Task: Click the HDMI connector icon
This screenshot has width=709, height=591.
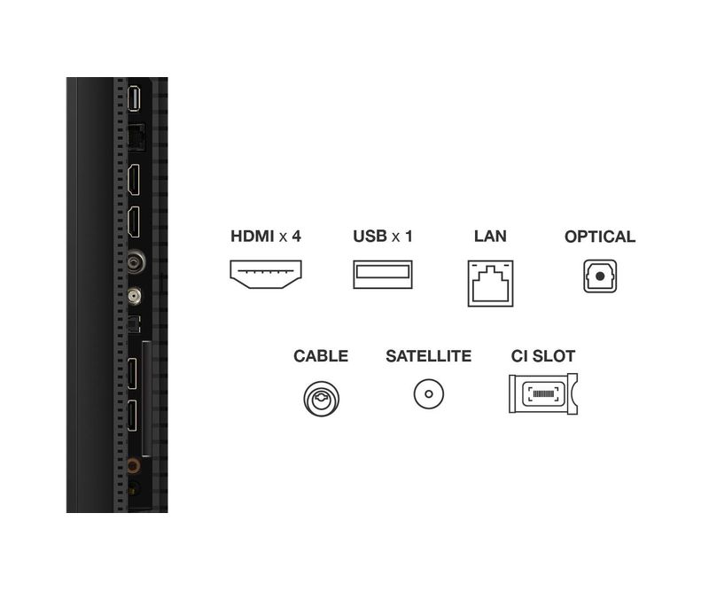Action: pos(266,276)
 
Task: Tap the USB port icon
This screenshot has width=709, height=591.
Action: pos(383,276)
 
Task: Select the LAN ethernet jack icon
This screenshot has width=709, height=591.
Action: pos(490,282)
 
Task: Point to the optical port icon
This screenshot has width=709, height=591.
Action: pos(600,276)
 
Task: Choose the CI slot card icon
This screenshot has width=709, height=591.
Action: pos(542,393)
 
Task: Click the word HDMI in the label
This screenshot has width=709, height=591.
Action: pos(252,237)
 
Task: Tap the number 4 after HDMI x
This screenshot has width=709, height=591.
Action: pos(297,237)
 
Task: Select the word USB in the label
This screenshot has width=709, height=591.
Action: pos(370,237)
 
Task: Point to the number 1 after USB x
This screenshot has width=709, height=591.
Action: pos(409,237)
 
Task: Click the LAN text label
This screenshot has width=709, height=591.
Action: pos(490,237)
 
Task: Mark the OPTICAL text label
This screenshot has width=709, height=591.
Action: pos(600,237)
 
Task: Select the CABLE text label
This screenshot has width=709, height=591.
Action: pos(321,356)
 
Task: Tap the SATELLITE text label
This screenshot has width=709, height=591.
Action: pos(428,356)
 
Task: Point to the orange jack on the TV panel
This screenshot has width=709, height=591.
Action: pos(134,463)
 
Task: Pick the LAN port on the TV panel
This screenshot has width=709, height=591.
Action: pos(136,137)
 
